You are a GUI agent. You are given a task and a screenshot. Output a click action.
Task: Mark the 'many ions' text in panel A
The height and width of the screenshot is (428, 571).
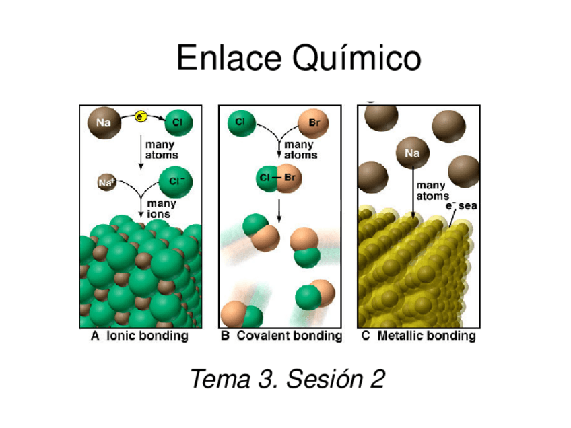pos(162,208)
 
